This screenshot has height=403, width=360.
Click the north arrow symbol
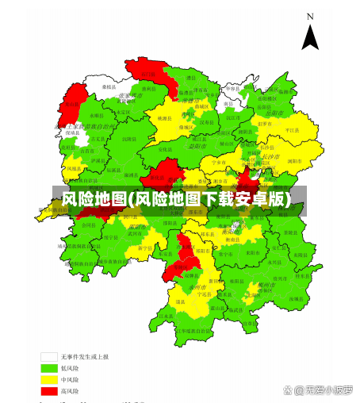(x=310, y=36)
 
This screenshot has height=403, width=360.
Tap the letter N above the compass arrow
(x=311, y=16)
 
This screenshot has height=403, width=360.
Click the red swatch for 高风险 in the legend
(x=49, y=391)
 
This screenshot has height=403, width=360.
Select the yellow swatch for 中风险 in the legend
(x=49, y=380)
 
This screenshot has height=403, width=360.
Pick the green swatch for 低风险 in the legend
(x=49, y=368)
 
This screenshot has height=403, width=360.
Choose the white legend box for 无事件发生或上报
(x=49, y=357)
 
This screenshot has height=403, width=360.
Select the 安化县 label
(x=164, y=148)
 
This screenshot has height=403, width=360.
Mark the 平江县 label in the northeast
(x=292, y=129)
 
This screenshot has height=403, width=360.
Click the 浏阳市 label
(x=293, y=160)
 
